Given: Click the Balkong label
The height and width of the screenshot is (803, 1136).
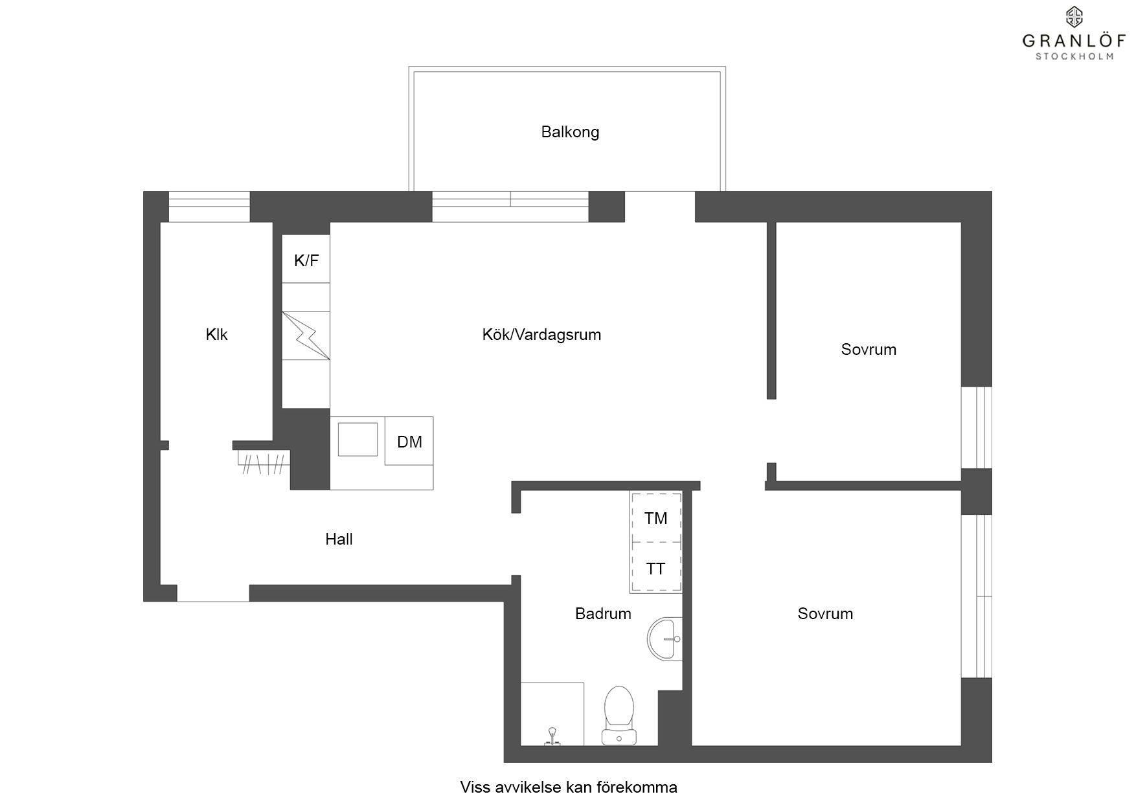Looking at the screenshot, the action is (570, 132).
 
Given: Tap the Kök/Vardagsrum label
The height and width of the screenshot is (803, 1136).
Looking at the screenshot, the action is (541, 335).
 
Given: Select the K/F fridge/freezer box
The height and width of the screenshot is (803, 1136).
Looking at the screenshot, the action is (306, 258).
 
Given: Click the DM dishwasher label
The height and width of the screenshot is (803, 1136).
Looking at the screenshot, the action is (409, 442).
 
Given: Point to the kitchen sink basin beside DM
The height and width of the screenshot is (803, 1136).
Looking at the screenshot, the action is (358, 440).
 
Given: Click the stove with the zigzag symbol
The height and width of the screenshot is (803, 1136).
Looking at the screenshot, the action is (306, 335).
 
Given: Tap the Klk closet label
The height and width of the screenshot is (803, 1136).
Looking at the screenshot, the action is (216, 335).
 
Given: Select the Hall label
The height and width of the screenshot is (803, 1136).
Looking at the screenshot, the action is (339, 539).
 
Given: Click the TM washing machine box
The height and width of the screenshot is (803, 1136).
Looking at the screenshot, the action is (655, 518).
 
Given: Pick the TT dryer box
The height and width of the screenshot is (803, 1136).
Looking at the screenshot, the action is (655, 568).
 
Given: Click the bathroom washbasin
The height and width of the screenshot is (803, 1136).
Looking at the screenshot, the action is (665, 639).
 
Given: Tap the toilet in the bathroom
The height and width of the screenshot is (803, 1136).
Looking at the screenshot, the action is (619, 716).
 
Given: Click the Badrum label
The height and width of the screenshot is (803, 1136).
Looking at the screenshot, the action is (603, 613).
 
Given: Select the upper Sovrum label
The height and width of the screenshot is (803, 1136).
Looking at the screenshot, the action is (869, 350).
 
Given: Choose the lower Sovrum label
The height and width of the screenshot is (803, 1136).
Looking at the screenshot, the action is (825, 613).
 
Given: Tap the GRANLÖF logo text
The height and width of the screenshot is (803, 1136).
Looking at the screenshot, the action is (1074, 41).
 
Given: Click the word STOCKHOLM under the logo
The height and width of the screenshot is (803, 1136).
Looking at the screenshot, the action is (1074, 56).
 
